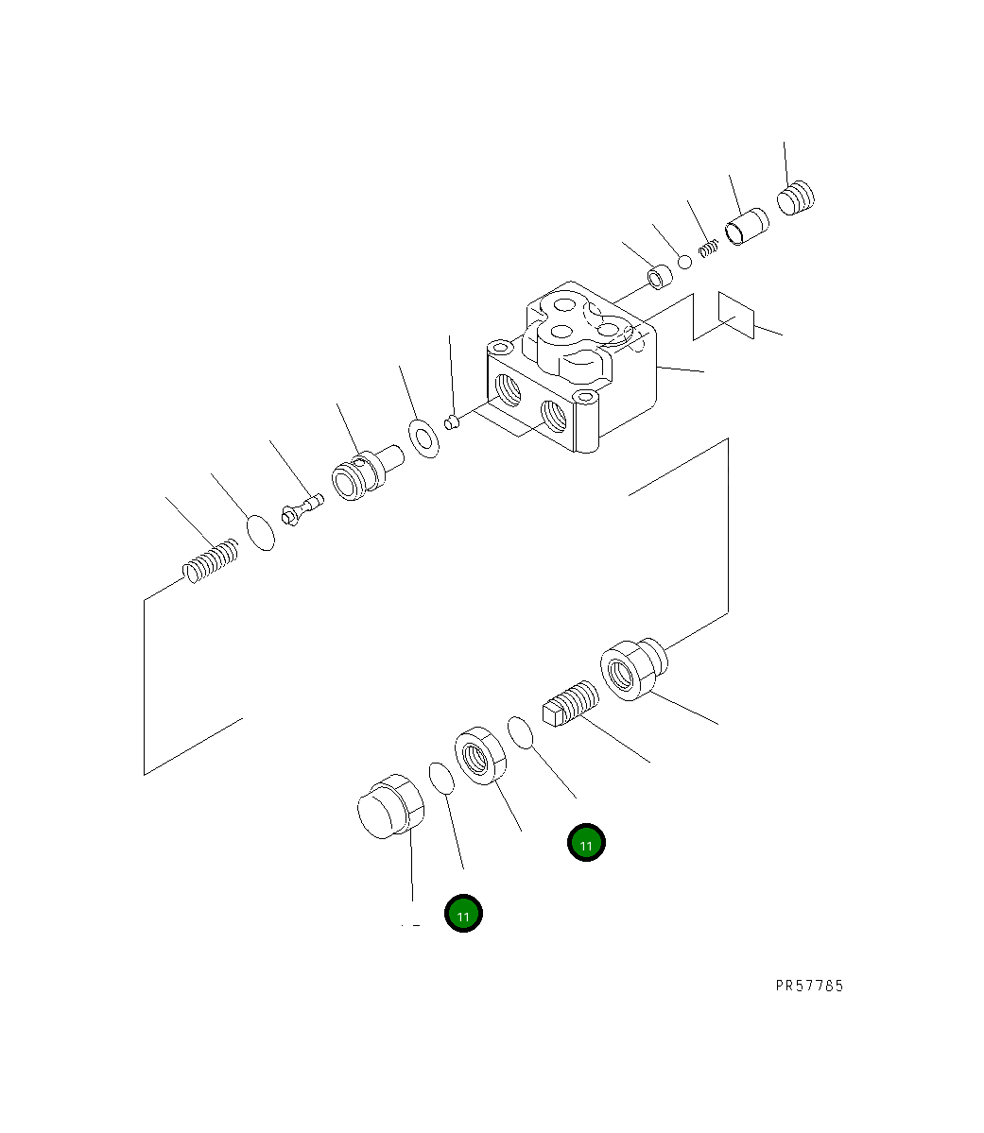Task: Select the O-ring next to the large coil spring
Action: pos(261,532)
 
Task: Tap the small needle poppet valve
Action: pos(302,510)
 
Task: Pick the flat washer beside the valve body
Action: pos(423,438)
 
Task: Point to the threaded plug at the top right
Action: pos(796,198)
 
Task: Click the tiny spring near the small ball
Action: pos(710,249)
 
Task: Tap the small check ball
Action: pos(684,260)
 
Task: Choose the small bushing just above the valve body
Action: pos(660,279)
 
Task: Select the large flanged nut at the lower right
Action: pos(631,669)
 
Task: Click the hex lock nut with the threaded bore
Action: pos(482,755)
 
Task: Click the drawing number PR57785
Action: pos(809,986)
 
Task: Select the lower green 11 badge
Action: pos(464,914)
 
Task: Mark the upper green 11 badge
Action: pos(586,842)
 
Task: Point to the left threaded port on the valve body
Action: pos(509,387)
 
